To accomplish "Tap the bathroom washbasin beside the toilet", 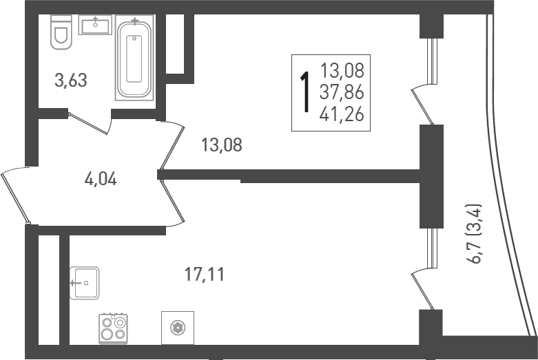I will [x=95, y=26].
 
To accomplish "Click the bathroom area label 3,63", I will [x=70, y=81].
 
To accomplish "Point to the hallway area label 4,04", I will [x=100, y=180].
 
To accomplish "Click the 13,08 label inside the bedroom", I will [x=221, y=145].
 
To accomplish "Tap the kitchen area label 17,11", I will [x=205, y=275].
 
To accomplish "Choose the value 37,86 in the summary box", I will [x=342, y=91].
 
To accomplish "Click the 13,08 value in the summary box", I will [x=342, y=70].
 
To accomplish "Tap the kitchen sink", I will [x=84, y=283].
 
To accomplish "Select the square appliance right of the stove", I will [x=177, y=328].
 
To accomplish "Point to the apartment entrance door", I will [x=14, y=195].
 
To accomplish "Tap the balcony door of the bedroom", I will [x=421, y=103].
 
